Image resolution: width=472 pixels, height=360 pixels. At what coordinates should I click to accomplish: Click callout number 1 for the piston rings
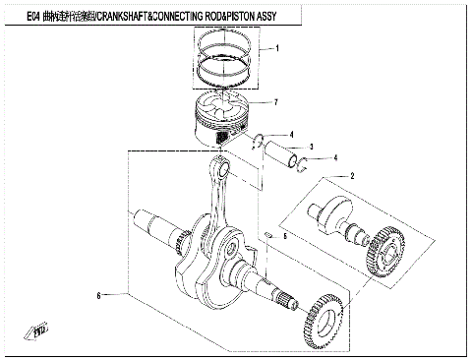pyautogui.click(x=277, y=48)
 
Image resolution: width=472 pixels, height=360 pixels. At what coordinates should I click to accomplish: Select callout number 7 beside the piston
pyautogui.click(x=277, y=102)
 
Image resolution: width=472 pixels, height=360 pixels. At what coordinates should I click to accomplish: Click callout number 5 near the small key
pyautogui.click(x=285, y=236)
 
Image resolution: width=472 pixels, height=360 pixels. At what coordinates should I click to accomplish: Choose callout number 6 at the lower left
pyautogui.click(x=98, y=295)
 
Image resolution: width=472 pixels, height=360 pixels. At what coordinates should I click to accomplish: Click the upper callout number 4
pyautogui.click(x=291, y=134)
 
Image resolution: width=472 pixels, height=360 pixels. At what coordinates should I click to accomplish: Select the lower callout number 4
pyautogui.click(x=334, y=158)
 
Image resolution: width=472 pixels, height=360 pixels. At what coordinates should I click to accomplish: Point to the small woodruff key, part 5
pyautogui.click(x=267, y=234)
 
